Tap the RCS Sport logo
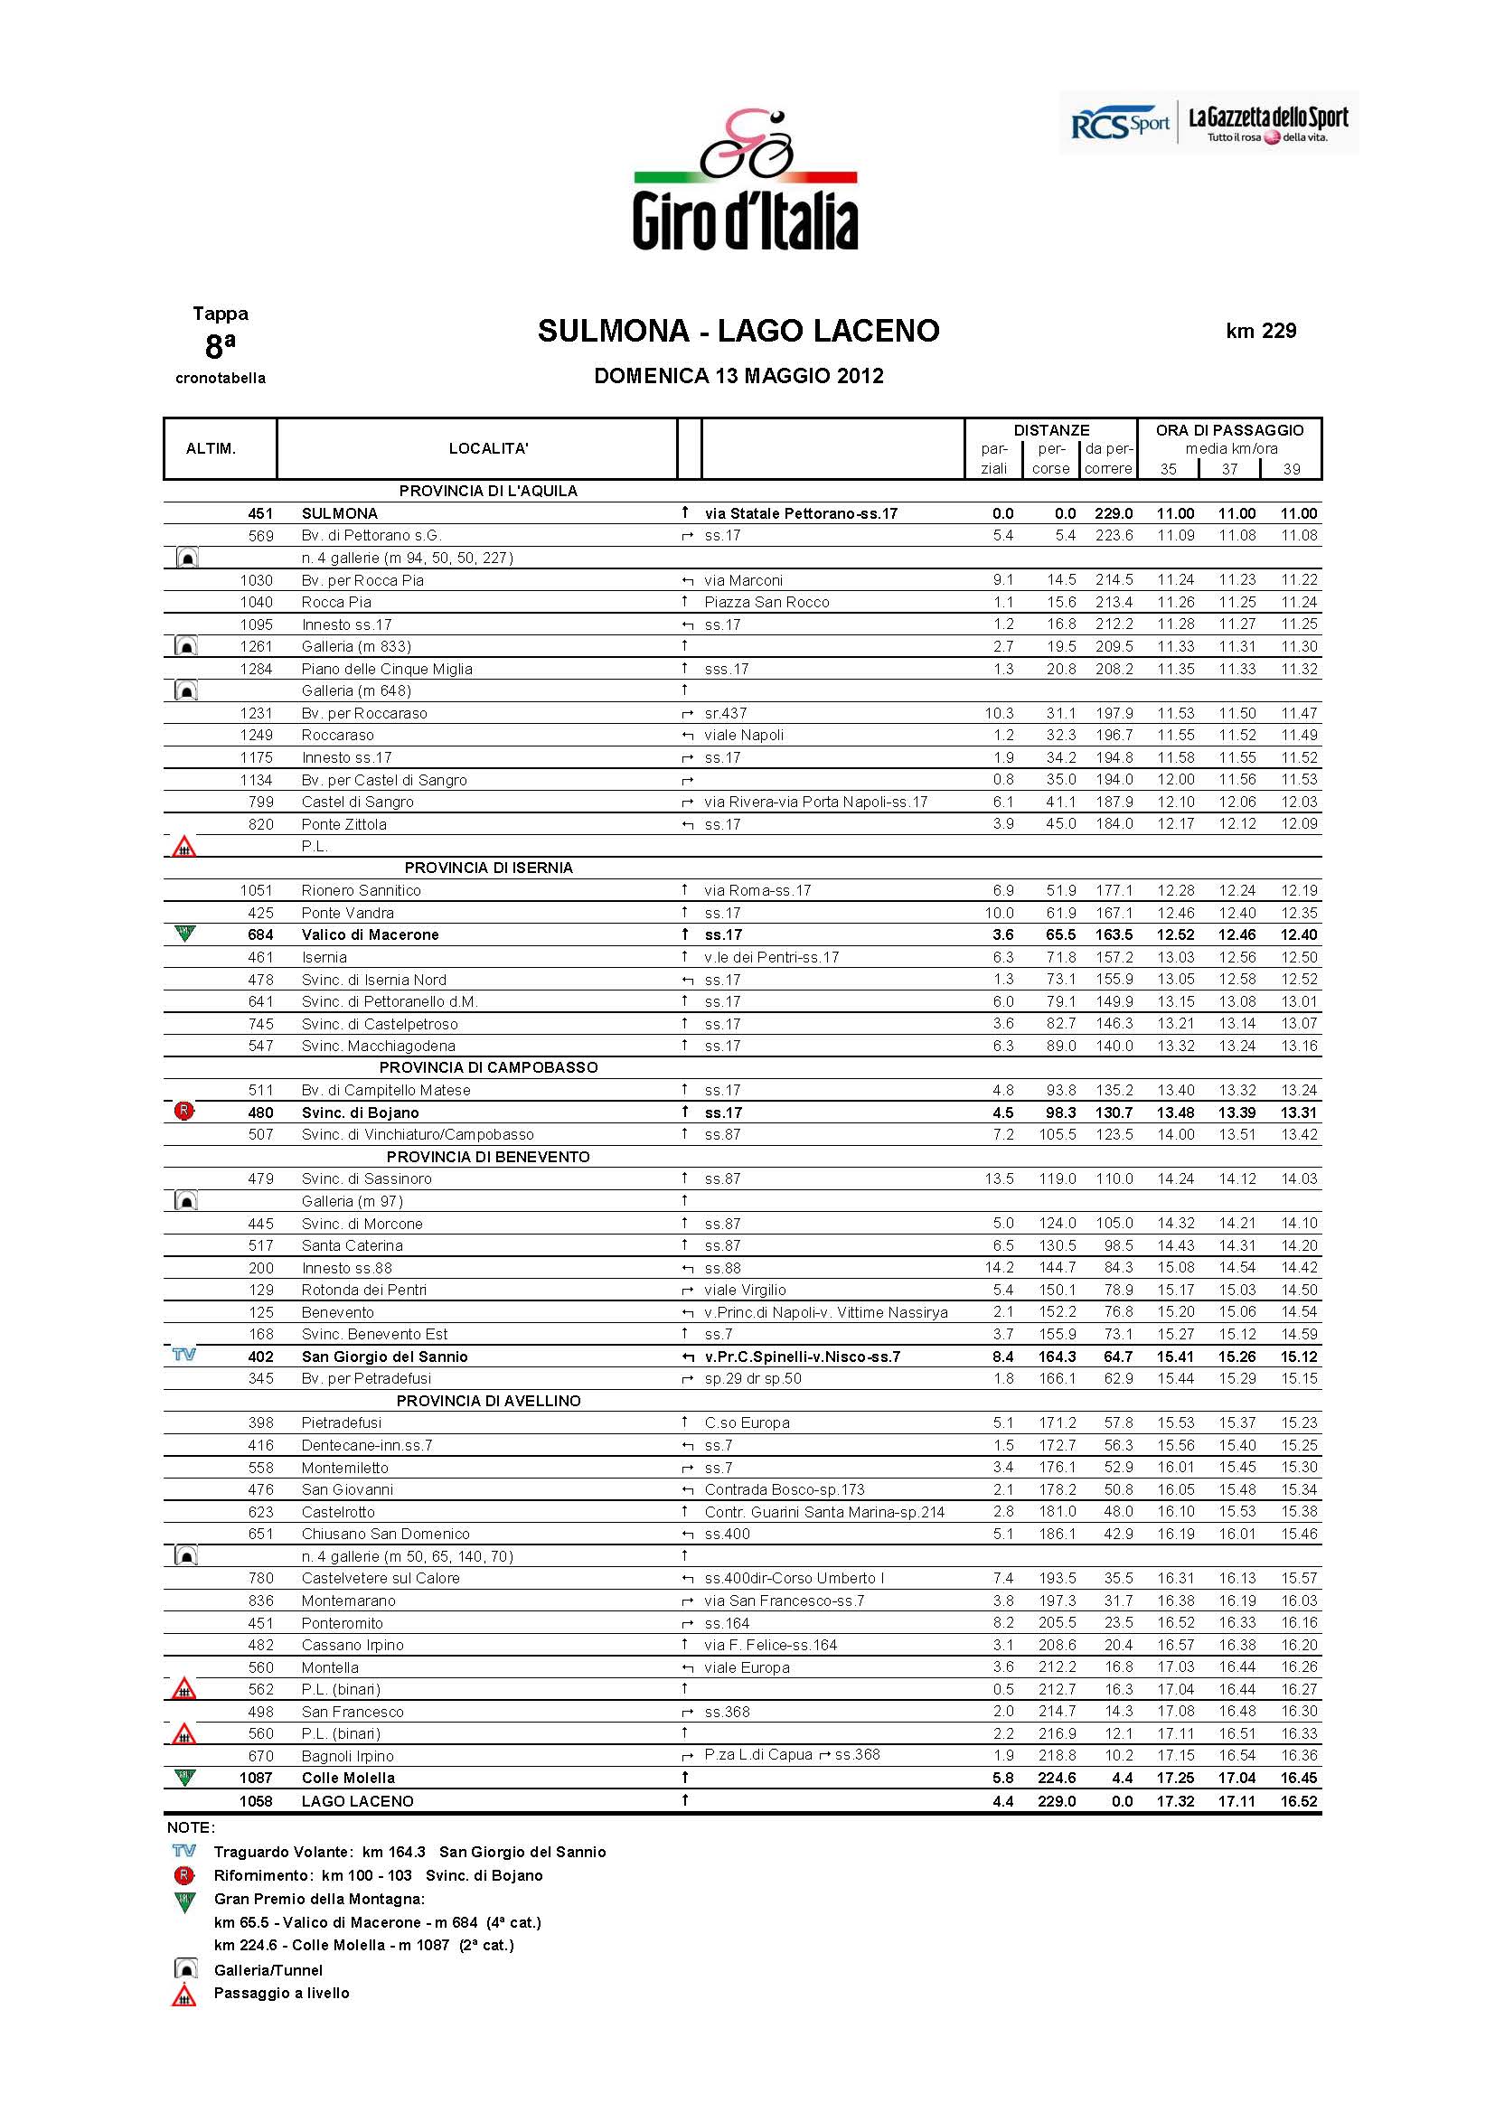1119,123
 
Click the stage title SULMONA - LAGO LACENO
738,332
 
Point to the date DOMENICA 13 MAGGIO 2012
738,377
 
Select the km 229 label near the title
1260,332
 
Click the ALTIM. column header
211,449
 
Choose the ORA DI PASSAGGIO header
1229,430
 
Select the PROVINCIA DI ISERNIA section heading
488,868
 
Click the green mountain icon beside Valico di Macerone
185,934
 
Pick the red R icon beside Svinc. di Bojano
184,1112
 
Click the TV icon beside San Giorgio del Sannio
184,1355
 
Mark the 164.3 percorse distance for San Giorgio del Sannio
1057,1357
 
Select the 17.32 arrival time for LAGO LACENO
1175,1801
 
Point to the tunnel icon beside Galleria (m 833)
186,646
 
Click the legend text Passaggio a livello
281,1993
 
